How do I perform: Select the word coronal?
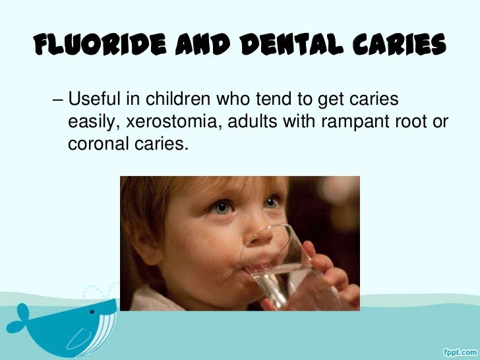pos(96,143)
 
